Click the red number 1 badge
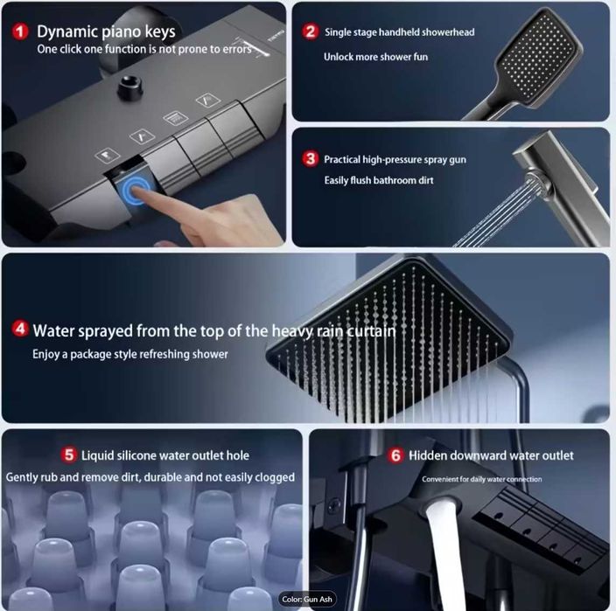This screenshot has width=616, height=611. click(20, 31)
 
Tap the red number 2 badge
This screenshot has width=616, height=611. click(310, 31)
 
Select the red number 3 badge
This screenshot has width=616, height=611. click(311, 159)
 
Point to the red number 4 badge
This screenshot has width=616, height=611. click(19, 329)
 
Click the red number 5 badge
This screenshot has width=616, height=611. click(69, 455)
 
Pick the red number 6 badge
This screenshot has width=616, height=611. click(395, 455)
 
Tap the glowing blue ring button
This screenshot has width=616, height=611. click(135, 190)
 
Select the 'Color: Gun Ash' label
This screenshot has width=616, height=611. click(307, 600)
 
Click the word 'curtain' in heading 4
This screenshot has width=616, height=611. click(371, 330)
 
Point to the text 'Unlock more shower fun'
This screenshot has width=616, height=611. click(375, 57)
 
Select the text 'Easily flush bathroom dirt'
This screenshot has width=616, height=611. click(379, 181)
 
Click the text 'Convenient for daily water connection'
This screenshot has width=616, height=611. click(481, 479)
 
